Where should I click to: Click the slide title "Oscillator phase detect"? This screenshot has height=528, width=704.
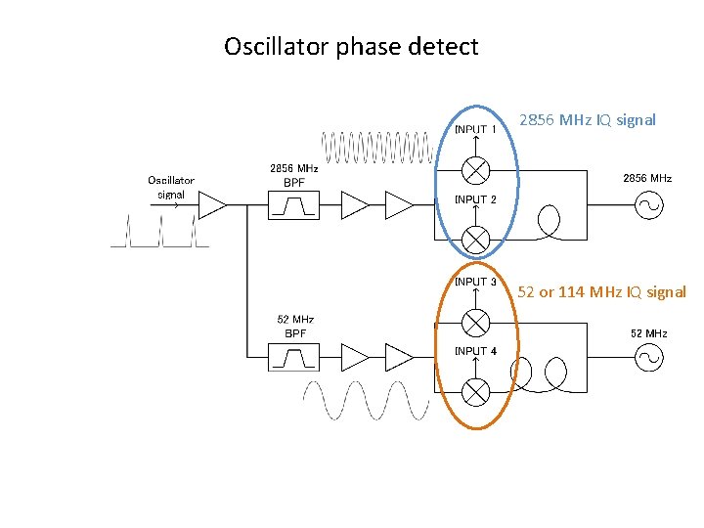(351, 46)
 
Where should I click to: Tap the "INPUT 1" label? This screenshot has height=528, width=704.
(476, 129)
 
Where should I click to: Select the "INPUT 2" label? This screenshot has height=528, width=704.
(476, 199)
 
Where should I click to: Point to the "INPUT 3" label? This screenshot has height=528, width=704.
(476, 282)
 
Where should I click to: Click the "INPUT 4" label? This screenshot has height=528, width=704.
(476, 350)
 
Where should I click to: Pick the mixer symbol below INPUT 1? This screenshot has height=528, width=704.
(475, 170)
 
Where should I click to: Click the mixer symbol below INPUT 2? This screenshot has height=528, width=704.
(475, 238)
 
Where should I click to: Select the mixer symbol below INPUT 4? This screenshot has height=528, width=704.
(475, 391)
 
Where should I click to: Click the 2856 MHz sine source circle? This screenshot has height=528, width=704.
(648, 204)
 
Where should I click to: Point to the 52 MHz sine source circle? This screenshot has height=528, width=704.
(648, 358)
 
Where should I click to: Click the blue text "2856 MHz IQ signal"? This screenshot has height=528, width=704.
(587, 120)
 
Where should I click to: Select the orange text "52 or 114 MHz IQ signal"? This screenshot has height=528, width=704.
(601, 291)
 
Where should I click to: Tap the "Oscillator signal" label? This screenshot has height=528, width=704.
(171, 187)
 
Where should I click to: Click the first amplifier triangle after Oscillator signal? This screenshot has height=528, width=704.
(211, 204)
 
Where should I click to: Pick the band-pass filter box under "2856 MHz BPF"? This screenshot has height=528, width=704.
(293, 204)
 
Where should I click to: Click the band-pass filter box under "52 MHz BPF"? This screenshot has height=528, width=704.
(293, 359)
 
